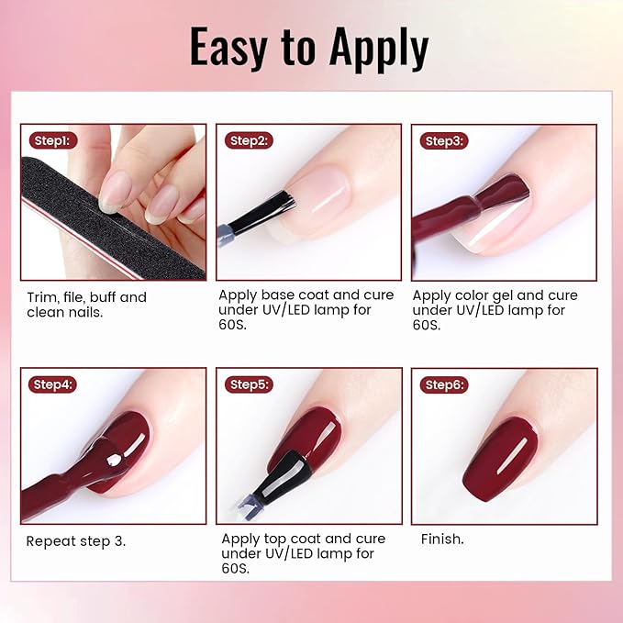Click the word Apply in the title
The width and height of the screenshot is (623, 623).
tap(379, 50)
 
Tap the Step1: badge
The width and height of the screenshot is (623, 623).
tap(53, 140)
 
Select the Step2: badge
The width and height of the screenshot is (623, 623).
tap(250, 140)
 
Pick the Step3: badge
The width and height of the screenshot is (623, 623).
tap(444, 140)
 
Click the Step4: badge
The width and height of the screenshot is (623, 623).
tap(53, 384)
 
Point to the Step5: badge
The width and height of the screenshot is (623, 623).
tap(250, 384)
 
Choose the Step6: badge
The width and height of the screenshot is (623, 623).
tap(444, 384)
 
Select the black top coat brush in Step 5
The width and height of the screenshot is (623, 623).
tap(280, 478)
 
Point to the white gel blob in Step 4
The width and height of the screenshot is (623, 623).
tap(114, 460)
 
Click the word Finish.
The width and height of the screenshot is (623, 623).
tap(442, 540)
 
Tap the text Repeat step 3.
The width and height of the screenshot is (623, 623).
tap(76, 541)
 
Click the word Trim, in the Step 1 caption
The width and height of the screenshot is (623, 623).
tap(43, 297)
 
